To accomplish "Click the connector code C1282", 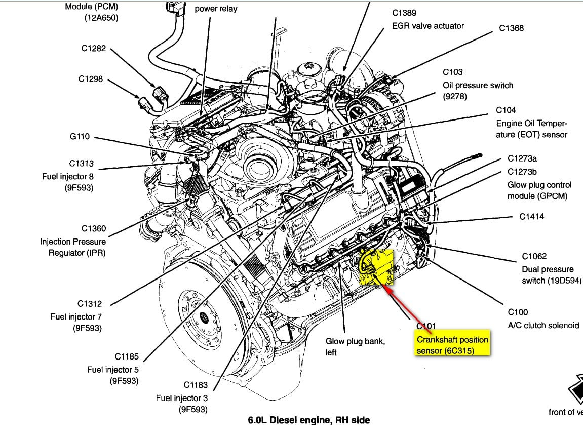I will pos(93,49).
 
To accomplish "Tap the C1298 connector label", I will pos(91,79).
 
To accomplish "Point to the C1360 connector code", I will pos(94,228).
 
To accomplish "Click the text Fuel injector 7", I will pos(76,317).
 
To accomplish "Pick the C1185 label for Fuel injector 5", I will pos(126,356).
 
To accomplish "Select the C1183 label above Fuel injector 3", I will pos(196,385).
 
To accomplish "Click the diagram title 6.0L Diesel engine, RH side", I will pos(308,420).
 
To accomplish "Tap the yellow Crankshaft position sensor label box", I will pos(452,345).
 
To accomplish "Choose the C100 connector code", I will pos(518,312).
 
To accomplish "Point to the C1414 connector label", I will pos(532,217).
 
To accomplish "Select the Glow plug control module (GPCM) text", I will pos(539,190).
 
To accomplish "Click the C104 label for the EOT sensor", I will pos(506,110).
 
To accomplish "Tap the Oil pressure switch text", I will pos(478,85).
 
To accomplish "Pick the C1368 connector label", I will pos(512,28).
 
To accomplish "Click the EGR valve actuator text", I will pos(428,25).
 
